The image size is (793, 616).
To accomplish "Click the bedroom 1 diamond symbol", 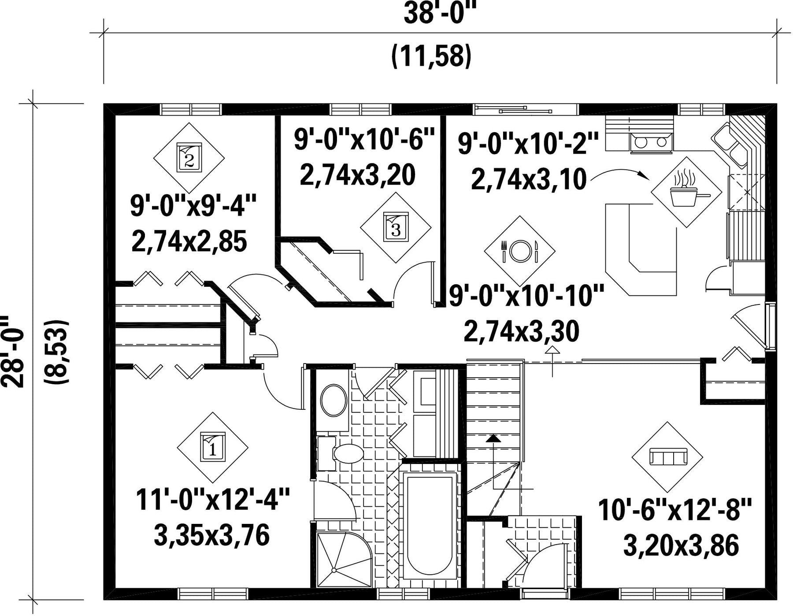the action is pyautogui.click(x=212, y=447).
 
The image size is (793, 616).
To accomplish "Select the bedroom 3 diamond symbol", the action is pyautogui.click(x=396, y=227).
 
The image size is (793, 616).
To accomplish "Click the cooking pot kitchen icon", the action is pyautogui.click(x=686, y=192).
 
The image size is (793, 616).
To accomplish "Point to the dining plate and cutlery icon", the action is pyautogui.click(x=519, y=251).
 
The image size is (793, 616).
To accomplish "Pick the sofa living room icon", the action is pyautogui.click(x=667, y=457).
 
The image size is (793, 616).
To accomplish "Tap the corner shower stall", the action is pyautogui.click(x=344, y=559).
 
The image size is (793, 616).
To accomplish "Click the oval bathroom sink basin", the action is pyautogui.click(x=334, y=401).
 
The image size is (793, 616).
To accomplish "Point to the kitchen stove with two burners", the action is pyautogui.click(x=652, y=143).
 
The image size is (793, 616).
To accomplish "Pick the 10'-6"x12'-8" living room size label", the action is pyautogui.click(x=674, y=510).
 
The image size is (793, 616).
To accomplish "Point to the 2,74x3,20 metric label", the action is pyautogui.click(x=358, y=175).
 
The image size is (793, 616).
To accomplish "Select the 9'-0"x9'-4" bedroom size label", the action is pyautogui.click(x=193, y=206).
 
